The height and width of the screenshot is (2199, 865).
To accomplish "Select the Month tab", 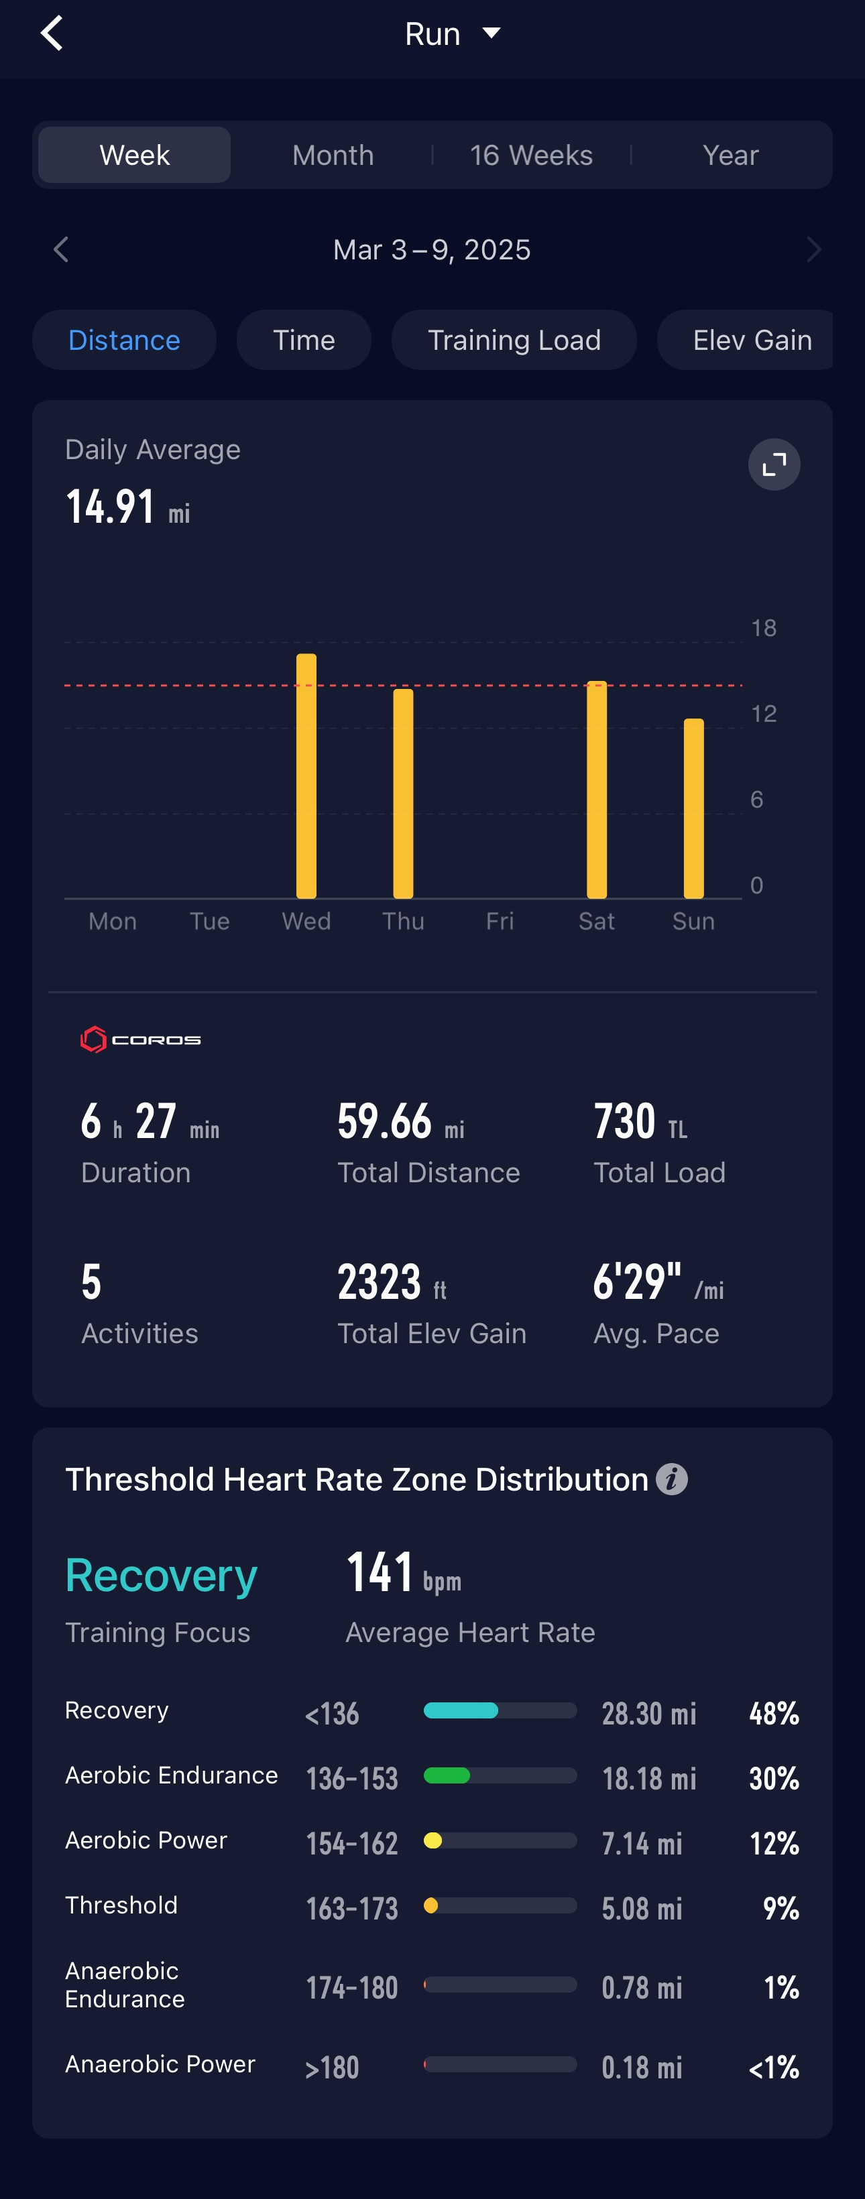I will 333,155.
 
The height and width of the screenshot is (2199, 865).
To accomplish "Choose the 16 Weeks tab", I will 531,155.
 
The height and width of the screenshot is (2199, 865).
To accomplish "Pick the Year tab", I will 730,155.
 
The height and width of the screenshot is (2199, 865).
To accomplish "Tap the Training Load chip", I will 514,340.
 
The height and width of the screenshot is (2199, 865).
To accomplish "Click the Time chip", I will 304,340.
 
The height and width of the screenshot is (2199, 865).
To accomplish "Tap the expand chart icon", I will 774,464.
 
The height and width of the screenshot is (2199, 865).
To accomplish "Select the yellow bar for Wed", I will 306,776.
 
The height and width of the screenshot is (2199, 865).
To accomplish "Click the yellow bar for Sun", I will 693,808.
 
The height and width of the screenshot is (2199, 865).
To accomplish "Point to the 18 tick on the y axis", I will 763,628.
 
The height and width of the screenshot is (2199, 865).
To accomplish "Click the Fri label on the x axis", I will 500,921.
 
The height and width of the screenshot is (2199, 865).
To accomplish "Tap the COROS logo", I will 141,1040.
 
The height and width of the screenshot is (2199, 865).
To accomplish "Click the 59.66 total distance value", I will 385,1121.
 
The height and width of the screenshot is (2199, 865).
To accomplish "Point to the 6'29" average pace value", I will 637,1281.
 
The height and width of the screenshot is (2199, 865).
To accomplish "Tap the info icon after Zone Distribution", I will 672,1479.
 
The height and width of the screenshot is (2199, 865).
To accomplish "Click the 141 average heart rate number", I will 380,1572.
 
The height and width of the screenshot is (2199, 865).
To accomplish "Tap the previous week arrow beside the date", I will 60,250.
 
